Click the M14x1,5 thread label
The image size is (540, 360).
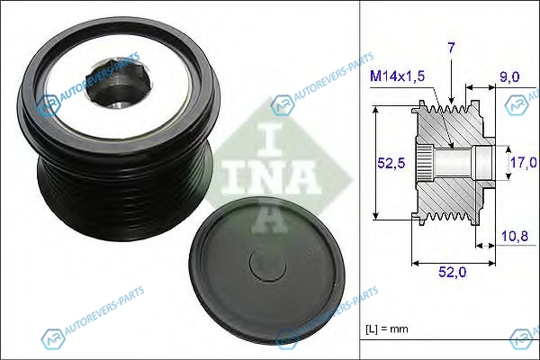[x=397, y=76]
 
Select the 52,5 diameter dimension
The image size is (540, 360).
[x=391, y=163]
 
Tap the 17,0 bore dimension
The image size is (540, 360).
[x=524, y=162]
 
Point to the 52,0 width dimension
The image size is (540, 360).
[x=452, y=272]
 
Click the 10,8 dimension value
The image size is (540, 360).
[x=515, y=236]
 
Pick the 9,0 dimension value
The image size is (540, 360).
[x=509, y=76]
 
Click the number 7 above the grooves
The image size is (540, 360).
[x=452, y=48]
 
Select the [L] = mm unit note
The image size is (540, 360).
[x=387, y=329]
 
